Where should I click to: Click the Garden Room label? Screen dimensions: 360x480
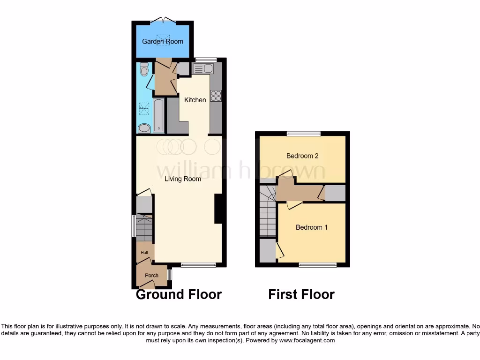pos(163,42)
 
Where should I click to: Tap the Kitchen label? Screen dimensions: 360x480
pos(195,100)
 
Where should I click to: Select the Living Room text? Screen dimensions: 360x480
pos(183,179)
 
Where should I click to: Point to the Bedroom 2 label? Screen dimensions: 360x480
pos(299,156)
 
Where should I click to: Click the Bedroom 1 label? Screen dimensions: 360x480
pos(312,227)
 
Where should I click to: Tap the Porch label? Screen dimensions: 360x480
pos(151,276)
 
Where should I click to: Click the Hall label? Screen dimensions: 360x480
pos(144,253)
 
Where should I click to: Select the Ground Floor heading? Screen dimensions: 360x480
pos(179,294)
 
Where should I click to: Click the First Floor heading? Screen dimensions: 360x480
pos(301,294)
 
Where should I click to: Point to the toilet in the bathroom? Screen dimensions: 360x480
pos(144,69)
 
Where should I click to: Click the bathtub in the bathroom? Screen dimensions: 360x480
pos(158,115)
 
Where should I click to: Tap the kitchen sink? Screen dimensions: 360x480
pos(202,69)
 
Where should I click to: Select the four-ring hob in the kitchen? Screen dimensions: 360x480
pos(216,96)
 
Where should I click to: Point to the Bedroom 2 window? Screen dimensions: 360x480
pos(304,133)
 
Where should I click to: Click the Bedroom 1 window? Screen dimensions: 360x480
pos(317,265)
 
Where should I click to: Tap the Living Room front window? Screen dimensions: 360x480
pos(198,265)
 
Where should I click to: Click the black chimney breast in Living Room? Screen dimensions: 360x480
pos(218,209)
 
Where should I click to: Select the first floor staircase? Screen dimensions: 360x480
pos(268,211)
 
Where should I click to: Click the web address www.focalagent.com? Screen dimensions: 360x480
pos(307,341)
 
